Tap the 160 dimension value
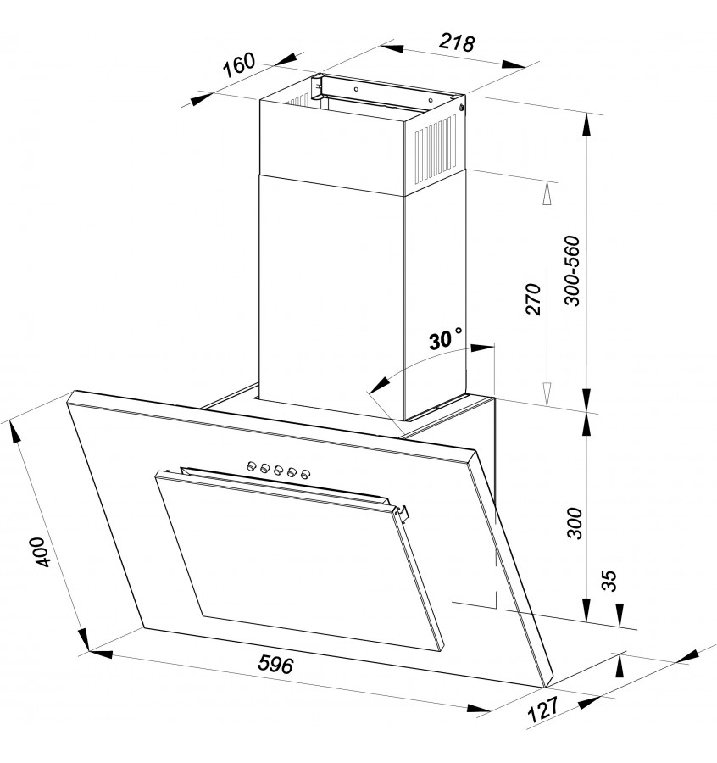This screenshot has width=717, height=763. coord(239,64)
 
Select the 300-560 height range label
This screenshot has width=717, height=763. coord(573,270)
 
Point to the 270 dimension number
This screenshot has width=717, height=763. coord(534,298)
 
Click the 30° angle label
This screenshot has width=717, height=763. coord(445,338)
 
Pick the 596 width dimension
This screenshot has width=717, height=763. coord(275,664)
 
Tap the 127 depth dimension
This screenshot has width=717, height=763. coord(543,709)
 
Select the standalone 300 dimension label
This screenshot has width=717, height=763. coord(575,522)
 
